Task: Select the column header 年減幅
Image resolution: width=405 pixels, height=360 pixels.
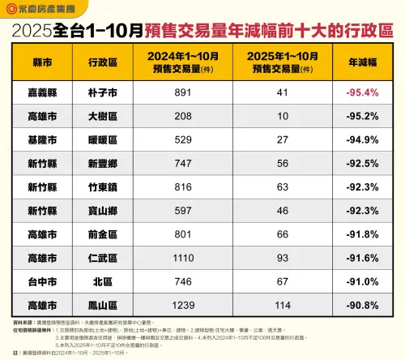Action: point(363,61)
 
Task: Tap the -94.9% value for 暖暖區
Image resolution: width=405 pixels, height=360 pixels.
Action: point(363,139)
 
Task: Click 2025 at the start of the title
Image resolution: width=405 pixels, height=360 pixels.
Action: point(32,32)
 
